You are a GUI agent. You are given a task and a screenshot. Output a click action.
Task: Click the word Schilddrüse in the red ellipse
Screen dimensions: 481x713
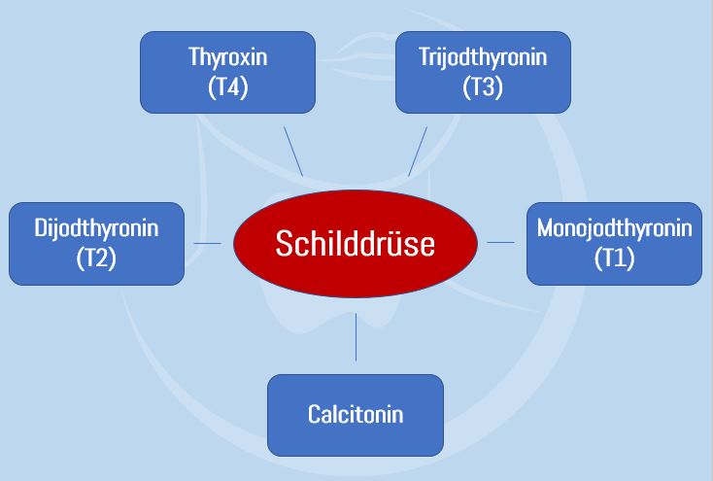(355, 243)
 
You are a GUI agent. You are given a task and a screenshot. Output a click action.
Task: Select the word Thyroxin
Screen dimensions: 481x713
(227, 57)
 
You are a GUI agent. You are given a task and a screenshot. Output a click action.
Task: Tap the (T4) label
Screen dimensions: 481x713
(227, 86)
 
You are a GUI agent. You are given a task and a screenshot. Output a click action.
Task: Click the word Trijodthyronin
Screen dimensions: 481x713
(483, 57)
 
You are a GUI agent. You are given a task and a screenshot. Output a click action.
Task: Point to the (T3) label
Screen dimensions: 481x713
(483, 86)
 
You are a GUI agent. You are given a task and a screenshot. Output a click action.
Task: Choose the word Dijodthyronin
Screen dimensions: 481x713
(96, 229)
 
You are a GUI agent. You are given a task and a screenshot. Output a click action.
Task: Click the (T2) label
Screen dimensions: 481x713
(96, 258)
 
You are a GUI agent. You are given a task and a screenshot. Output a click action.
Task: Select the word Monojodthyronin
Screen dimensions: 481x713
(614, 229)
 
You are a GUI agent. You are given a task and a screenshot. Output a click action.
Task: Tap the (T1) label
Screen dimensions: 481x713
(614, 258)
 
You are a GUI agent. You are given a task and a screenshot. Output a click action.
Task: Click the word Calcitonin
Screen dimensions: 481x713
(356, 415)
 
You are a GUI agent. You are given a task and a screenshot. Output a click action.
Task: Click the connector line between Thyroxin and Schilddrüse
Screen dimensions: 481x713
(292, 150)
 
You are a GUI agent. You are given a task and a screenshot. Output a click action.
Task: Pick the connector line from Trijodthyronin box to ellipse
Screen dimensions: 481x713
(418, 151)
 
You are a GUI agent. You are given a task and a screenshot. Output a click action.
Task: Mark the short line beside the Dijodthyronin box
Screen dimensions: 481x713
(207, 243)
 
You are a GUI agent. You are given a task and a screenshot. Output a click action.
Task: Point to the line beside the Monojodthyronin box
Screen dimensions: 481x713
(500, 243)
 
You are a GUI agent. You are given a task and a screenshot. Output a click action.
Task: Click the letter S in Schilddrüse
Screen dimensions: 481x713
(282, 243)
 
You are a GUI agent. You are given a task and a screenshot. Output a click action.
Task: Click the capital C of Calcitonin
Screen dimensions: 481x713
(315, 415)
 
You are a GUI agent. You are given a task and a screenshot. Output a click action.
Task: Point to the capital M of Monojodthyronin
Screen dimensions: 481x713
(545, 229)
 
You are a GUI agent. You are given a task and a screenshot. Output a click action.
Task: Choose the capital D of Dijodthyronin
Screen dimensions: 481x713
(40, 229)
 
